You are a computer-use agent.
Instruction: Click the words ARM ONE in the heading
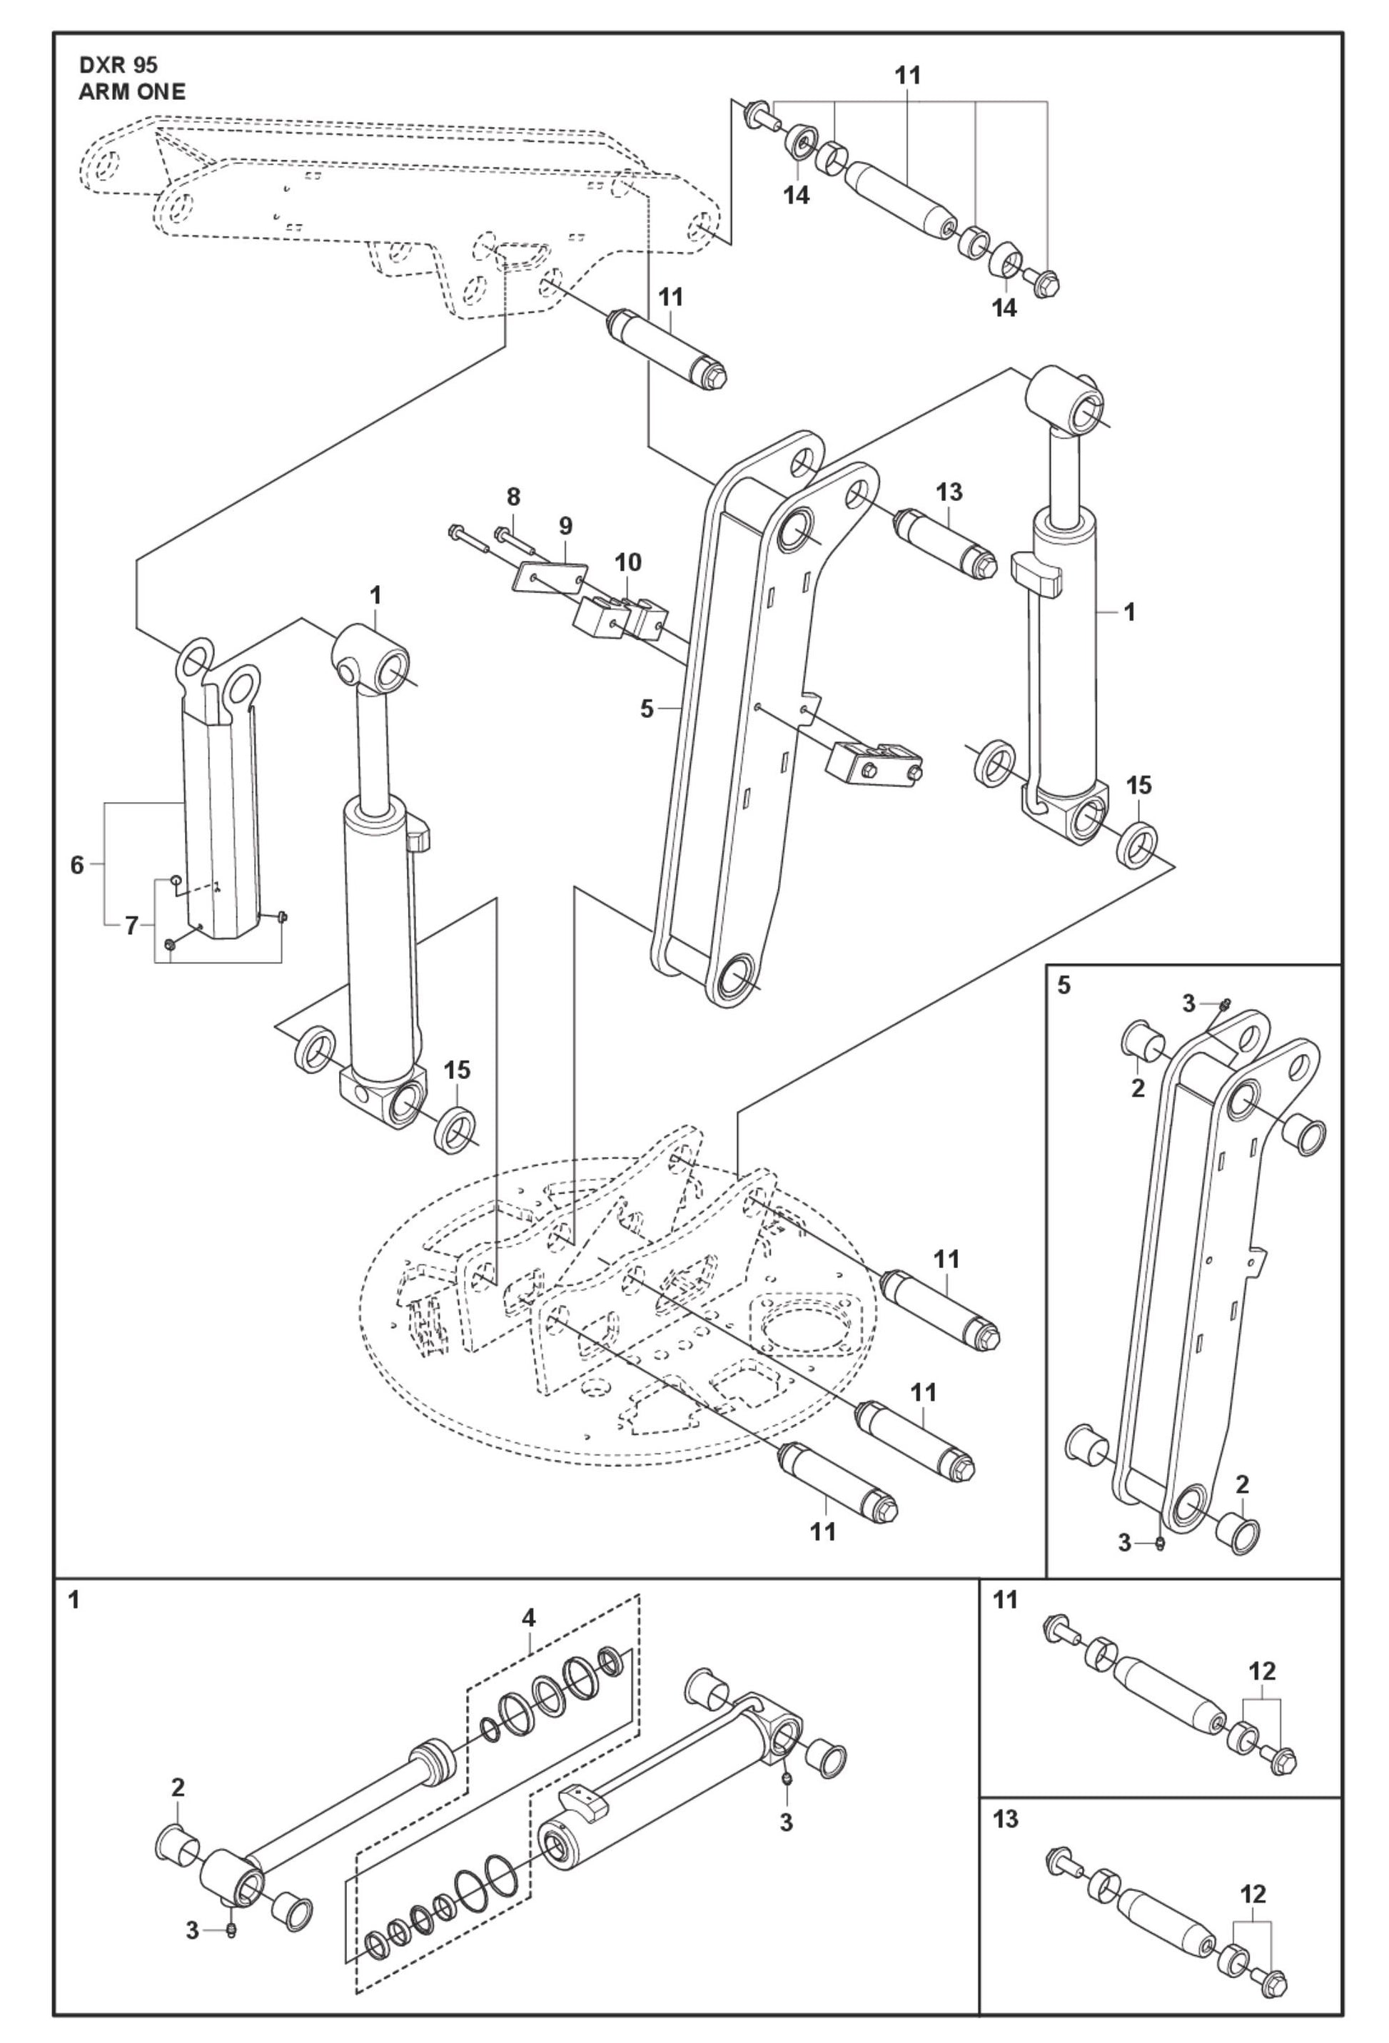pos(132,92)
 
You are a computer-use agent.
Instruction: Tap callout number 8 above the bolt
pos(512,497)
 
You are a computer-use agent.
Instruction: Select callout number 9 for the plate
pos(565,526)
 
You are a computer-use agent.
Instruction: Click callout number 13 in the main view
pos(949,492)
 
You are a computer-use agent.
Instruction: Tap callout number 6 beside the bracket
pos(77,865)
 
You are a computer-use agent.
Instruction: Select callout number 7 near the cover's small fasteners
pos(131,925)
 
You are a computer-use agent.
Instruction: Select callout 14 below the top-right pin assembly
pos(1004,308)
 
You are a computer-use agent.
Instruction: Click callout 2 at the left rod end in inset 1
pos(178,1788)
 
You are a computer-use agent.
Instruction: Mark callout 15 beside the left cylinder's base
pos(457,1070)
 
